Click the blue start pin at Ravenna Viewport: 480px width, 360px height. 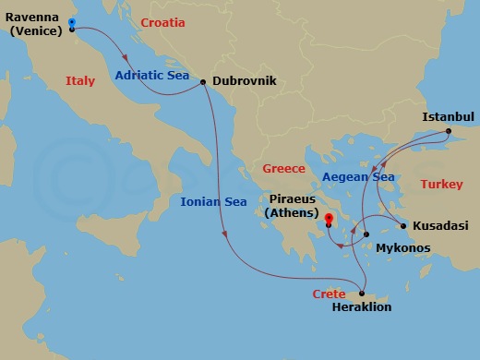coord(72,23)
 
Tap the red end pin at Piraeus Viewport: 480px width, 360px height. coord(330,221)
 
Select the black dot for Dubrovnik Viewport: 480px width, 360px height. coord(203,82)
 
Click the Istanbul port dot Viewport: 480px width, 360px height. coord(450,131)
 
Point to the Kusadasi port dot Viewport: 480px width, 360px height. coord(403,226)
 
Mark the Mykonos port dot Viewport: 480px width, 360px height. coord(366,234)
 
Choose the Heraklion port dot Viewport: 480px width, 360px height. coord(363,293)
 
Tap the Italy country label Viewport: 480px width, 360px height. coord(80,81)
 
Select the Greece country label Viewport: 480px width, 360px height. coord(283,169)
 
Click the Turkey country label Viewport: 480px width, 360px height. coord(441,185)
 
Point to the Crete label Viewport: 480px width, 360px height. coord(329,294)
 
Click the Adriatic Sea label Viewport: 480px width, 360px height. coord(152,76)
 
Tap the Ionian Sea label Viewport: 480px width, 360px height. coord(213,201)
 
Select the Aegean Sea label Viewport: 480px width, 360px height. coord(358,177)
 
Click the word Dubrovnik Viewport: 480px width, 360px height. coord(245,82)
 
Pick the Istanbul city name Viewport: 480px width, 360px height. coord(448,117)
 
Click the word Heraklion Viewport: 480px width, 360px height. coord(361,307)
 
